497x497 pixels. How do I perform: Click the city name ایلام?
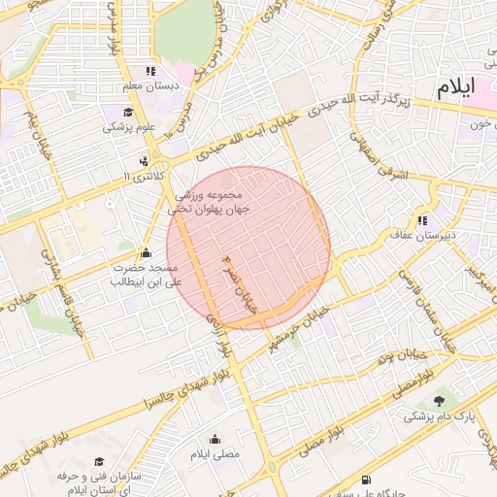(x=456, y=87)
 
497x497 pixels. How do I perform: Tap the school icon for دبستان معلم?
(x=149, y=71)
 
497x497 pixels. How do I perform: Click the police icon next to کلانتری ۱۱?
(x=144, y=161)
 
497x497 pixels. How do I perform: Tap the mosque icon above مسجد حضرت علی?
(x=147, y=253)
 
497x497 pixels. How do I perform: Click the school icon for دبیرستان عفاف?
(x=422, y=220)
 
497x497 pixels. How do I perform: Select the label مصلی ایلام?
(x=214, y=454)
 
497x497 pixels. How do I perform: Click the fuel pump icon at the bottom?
(x=365, y=480)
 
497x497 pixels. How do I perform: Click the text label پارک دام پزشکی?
(x=442, y=416)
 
